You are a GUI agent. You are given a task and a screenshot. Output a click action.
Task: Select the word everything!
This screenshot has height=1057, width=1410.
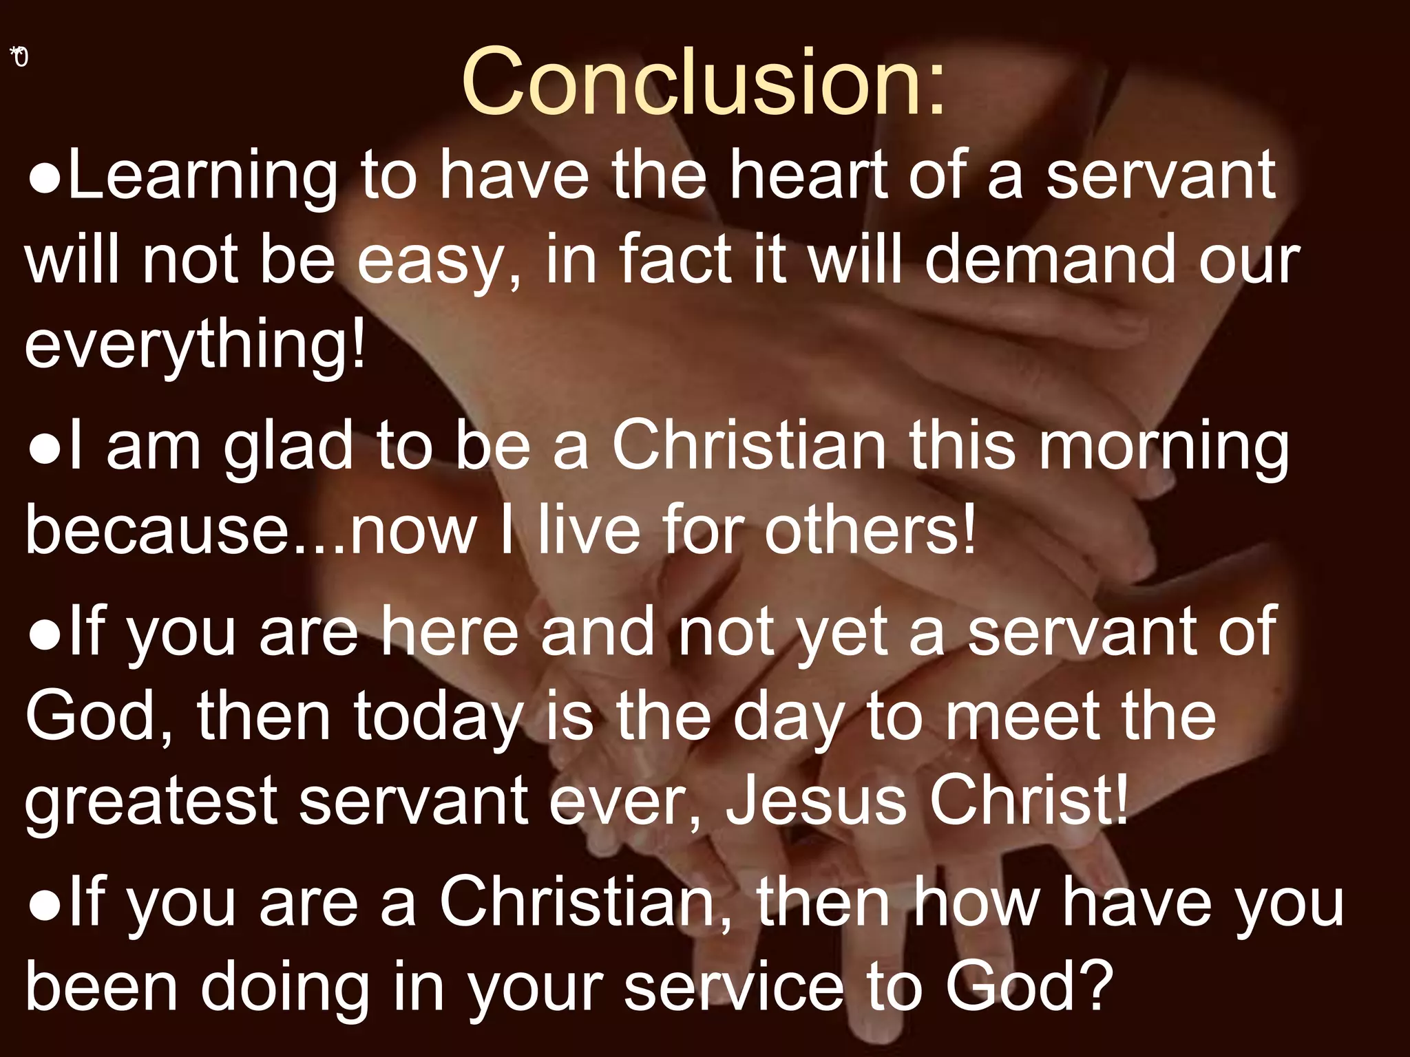pos(195,346)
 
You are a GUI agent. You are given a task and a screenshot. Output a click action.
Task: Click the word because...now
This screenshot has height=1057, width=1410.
pos(251,531)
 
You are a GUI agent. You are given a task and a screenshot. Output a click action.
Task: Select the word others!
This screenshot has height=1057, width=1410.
pos(870,531)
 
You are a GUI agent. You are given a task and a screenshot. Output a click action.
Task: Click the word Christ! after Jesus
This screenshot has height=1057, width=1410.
pos(1029,800)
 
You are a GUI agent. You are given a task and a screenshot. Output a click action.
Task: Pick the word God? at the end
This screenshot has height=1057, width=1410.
pos(1029,986)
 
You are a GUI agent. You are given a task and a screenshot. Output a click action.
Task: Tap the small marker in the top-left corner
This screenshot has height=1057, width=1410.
pos(19,56)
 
